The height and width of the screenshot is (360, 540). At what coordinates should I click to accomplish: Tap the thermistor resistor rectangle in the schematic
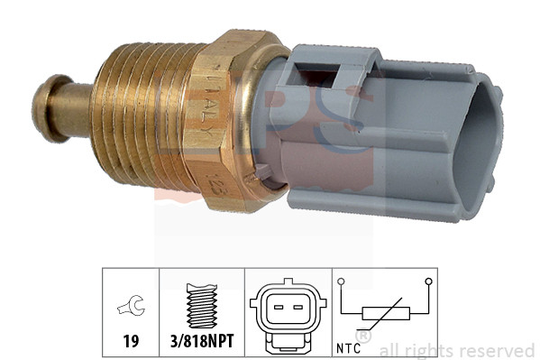coord(386,315)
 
